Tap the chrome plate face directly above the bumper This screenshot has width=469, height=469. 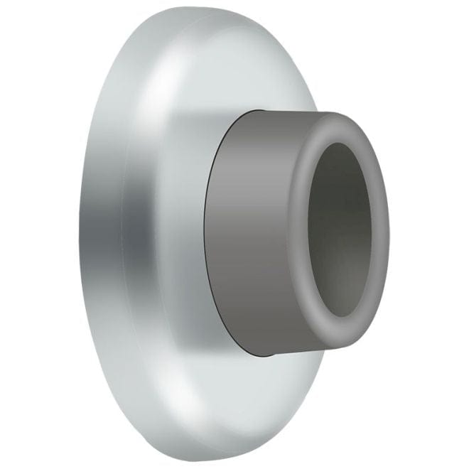(234, 71)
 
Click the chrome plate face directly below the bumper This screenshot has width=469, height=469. (234, 398)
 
